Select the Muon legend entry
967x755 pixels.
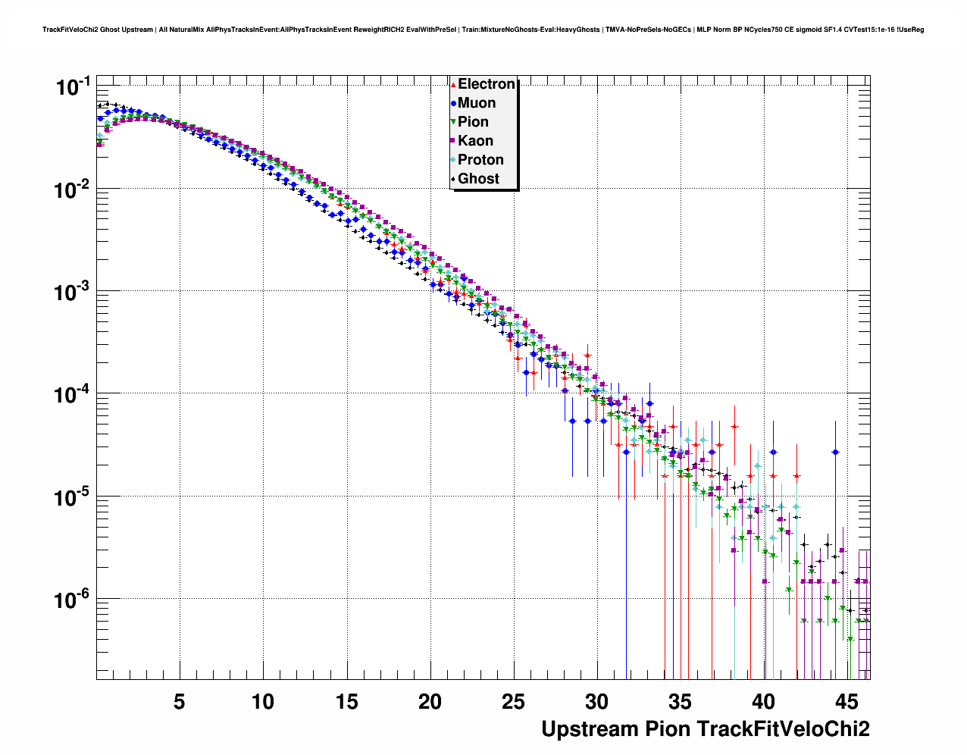tap(477, 103)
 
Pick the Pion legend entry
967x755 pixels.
tap(473, 122)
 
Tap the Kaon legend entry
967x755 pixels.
tap(475, 141)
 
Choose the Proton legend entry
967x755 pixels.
tap(480, 160)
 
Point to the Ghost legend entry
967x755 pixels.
tap(478, 179)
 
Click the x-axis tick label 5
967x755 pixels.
tap(180, 701)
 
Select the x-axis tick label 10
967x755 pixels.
tap(263, 701)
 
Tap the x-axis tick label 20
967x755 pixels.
tap(430, 701)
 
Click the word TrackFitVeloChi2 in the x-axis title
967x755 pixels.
tap(783, 729)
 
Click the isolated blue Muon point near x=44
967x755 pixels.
tap(835, 452)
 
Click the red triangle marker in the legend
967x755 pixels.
tap(453, 84)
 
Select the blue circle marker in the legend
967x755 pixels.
tap(453, 103)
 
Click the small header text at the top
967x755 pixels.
tap(483, 30)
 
